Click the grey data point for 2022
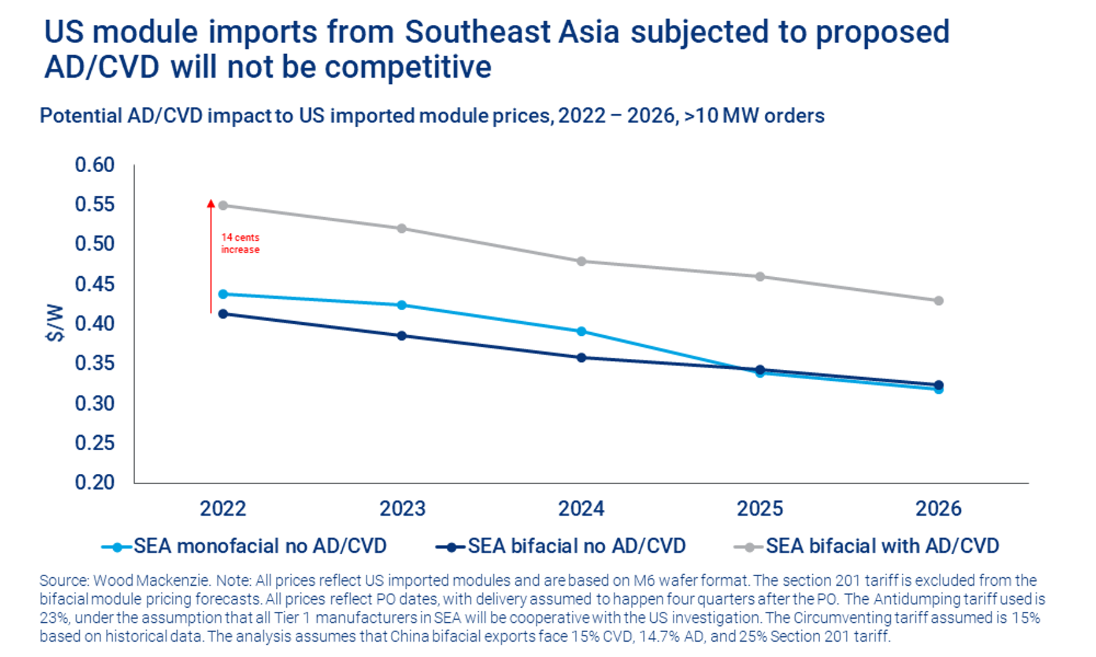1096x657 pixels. (x=223, y=206)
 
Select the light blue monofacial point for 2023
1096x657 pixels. (x=402, y=305)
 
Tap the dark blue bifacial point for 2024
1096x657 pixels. (x=581, y=358)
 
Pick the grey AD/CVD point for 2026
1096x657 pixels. (x=938, y=301)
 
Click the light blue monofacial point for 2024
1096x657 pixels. (x=581, y=332)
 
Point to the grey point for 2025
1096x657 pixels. (x=760, y=277)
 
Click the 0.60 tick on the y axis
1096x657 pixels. (x=94, y=165)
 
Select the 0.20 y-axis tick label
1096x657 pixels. (x=94, y=482)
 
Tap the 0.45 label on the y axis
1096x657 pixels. (x=94, y=284)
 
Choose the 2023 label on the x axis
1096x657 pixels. (x=402, y=509)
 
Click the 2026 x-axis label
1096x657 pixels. (x=938, y=509)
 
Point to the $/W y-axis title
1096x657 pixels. (x=55, y=323)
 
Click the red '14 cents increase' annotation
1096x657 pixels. (x=240, y=243)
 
